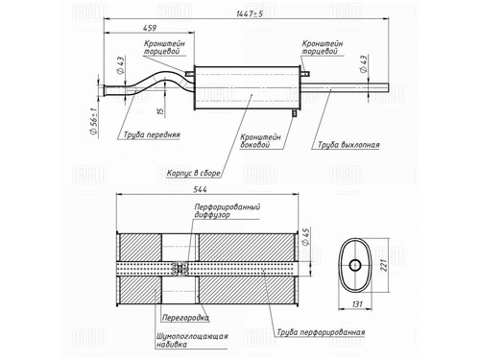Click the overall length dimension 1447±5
pyautogui.click(x=250, y=14)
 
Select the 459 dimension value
pyautogui.click(x=150, y=28)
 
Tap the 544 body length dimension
pyautogui.click(x=200, y=189)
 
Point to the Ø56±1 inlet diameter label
pyautogui.click(x=94, y=122)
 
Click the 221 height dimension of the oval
pyautogui.click(x=384, y=265)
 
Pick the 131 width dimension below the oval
pyautogui.click(x=357, y=303)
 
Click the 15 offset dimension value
pyautogui.click(x=161, y=110)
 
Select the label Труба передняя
pyautogui.click(x=152, y=134)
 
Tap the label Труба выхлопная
pyautogui.click(x=348, y=145)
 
